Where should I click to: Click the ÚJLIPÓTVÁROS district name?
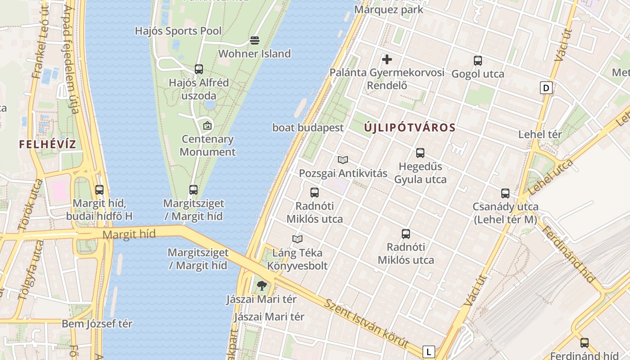[x=410, y=128]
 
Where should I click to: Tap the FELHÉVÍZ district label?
[x=48, y=144]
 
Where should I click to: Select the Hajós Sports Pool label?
[x=178, y=31]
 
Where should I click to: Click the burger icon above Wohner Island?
[x=254, y=41]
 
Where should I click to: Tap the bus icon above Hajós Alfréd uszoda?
[x=198, y=69]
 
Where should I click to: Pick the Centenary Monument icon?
[x=207, y=126]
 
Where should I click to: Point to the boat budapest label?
[x=308, y=128]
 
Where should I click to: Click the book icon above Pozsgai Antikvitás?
[x=343, y=160]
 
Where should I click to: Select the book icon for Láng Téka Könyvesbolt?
[x=297, y=239]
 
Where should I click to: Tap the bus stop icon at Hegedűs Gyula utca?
[x=420, y=153]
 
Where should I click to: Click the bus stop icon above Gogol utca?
[x=477, y=60]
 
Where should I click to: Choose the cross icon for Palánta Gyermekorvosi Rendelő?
[x=387, y=59]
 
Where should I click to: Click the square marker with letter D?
[x=546, y=88]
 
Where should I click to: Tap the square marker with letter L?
[x=429, y=351]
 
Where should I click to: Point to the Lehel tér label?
[x=540, y=134]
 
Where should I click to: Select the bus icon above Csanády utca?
[x=505, y=193]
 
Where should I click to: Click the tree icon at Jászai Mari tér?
[x=261, y=285]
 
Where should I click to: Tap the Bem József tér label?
[x=97, y=324]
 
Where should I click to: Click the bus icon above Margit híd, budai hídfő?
[x=99, y=190]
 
